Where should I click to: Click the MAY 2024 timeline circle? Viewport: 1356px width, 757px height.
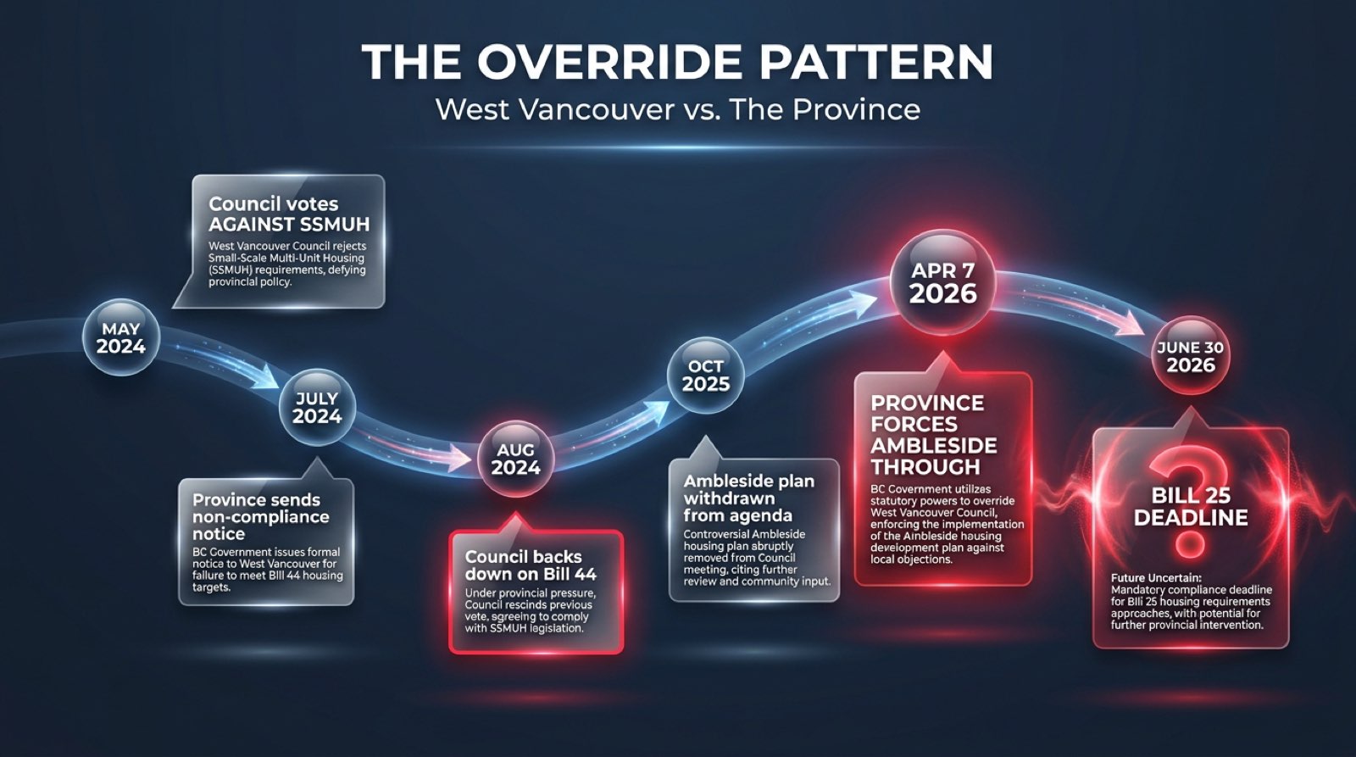[121, 337]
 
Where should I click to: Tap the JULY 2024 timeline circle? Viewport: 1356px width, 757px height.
[317, 408]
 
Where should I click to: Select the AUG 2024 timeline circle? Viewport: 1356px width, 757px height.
[515, 459]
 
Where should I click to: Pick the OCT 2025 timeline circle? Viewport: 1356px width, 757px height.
[706, 376]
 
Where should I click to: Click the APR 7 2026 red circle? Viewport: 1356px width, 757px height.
[942, 283]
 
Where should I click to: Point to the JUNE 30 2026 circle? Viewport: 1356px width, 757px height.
[1191, 356]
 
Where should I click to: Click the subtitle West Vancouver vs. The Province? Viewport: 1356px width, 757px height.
[677, 109]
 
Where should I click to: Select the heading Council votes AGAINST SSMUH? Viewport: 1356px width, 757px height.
[288, 214]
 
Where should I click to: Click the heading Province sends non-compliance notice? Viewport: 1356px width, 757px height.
[261, 516]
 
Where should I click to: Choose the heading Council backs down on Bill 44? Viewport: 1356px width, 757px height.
[531, 565]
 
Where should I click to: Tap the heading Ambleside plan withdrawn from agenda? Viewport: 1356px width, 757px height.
[748, 498]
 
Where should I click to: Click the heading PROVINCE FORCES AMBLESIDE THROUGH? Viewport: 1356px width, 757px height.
[933, 435]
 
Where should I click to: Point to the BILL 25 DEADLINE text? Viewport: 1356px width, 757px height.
[1191, 507]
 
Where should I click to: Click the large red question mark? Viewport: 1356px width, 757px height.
[1188, 475]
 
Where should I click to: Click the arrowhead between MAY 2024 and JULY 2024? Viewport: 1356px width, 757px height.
[264, 375]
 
